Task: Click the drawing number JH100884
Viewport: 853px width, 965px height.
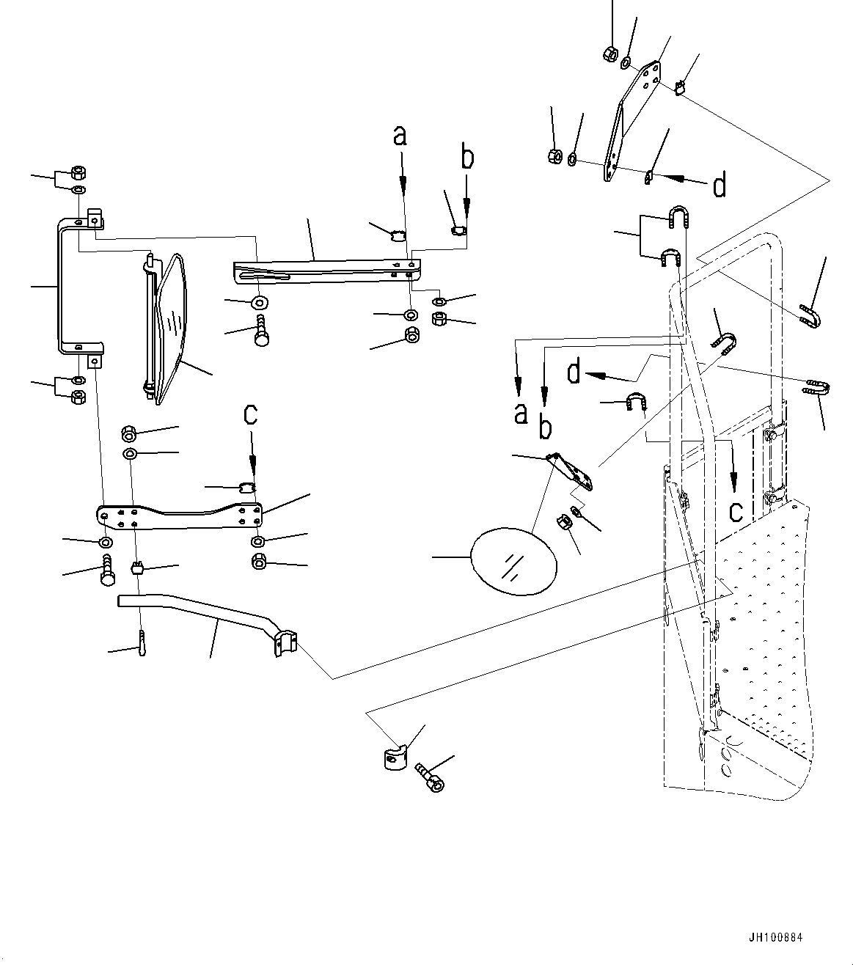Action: pyautogui.click(x=776, y=938)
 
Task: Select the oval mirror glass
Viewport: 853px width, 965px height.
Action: pyautogui.click(x=513, y=561)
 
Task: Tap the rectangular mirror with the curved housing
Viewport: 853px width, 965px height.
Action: pyautogui.click(x=170, y=326)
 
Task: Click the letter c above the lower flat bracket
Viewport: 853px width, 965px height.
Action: pyautogui.click(x=251, y=414)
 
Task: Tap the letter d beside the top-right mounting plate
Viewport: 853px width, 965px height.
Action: pyautogui.click(x=720, y=186)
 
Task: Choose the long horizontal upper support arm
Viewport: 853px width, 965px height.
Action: pyautogui.click(x=323, y=269)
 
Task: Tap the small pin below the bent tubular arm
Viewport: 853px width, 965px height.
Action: pyautogui.click(x=141, y=644)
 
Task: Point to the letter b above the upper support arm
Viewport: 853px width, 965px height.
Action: pyautogui.click(x=467, y=158)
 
